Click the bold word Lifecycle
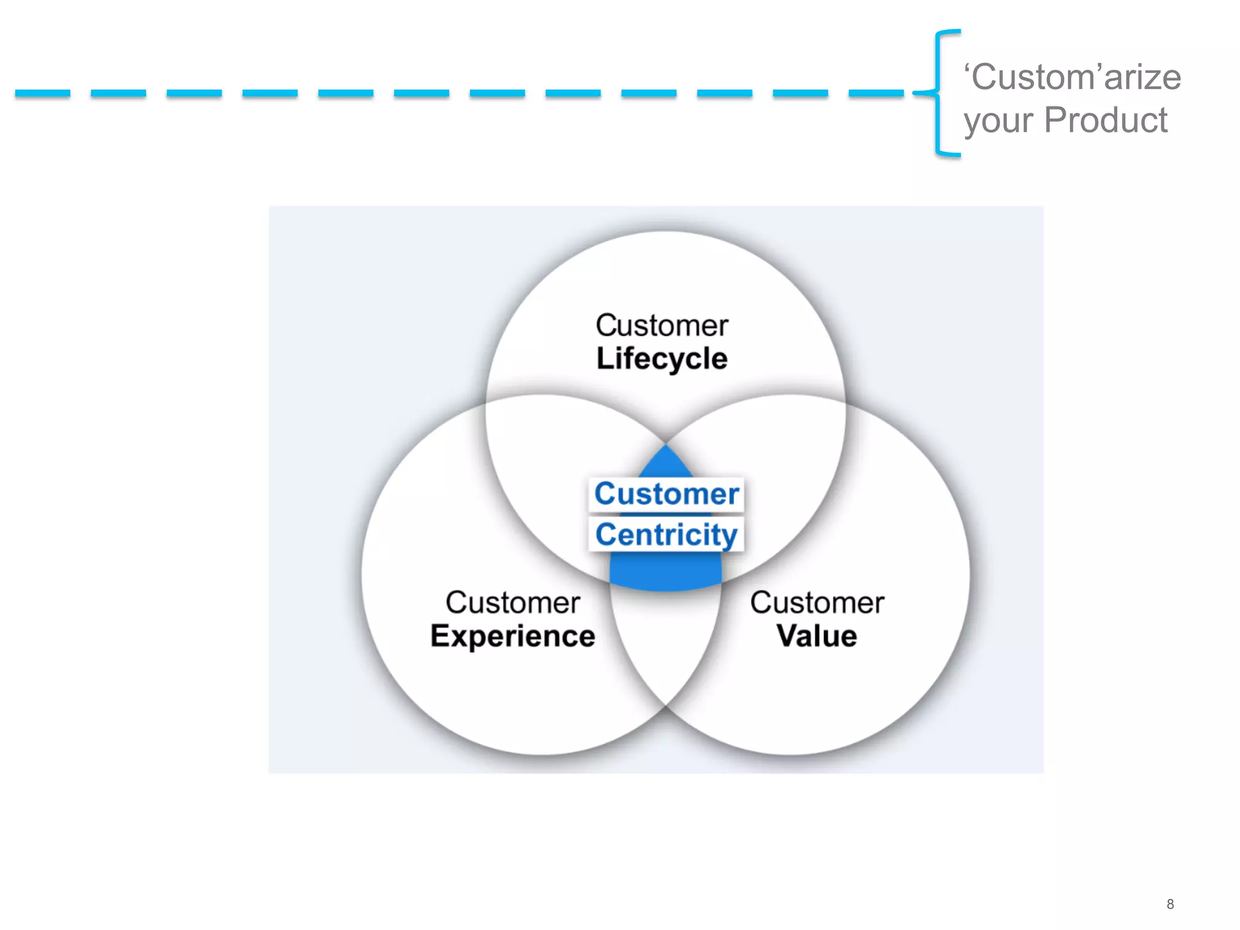point(662,358)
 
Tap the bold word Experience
point(513,636)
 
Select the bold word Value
point(817,636)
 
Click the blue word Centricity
point(666,535)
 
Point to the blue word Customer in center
point(666,494)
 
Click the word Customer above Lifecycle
point(662,326)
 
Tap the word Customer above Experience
point(513,603)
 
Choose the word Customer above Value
point(817,603)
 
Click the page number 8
point(1170,904)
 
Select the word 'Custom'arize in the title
point(1072,77)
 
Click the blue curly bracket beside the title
point(938,93)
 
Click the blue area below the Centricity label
point(666,572)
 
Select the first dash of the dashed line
point(42,93)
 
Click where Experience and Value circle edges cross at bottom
point(666,706)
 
